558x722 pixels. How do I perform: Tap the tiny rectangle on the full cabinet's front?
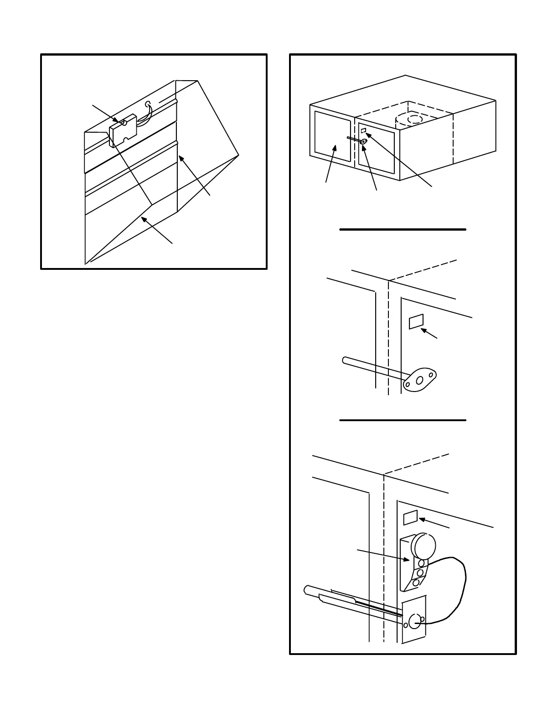click(363, 131)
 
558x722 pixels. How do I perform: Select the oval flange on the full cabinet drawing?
click(363, 141)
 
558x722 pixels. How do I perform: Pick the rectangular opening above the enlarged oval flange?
click(416, 321)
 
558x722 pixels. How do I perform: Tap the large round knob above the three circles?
click(424, 546)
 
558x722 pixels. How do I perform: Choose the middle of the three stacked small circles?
click(420, 572)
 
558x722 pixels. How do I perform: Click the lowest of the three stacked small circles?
click(416, 583)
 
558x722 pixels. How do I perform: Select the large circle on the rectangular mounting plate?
click(414, 621)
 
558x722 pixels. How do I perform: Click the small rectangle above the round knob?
click(410, 517)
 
